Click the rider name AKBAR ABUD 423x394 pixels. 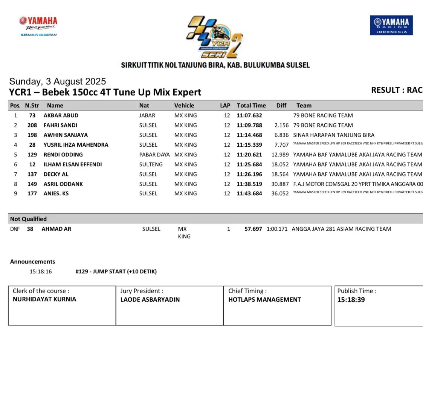[x=61, y=115]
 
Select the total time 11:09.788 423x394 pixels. [x=249, y=125]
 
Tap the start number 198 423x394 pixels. [x=32, y=135]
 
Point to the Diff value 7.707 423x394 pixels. [x=281, y=145]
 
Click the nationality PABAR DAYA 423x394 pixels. [x=154, y=155]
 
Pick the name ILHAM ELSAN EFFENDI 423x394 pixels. [x=73, y=164]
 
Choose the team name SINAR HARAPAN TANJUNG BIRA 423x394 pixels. [x=334, y=135]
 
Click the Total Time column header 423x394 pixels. [x=251, y=106]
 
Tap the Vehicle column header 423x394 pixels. [x=184, y=106]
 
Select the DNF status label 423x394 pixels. [x=15, y=229]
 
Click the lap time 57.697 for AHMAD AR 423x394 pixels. [x=253, y=229]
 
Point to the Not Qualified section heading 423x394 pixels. [x=28, y=219]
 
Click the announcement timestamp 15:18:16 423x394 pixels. [x=41, y=271]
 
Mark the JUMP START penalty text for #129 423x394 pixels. [x=116, y=271]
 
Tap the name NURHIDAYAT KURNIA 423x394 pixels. [x=44, y=299]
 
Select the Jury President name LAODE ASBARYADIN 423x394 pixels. [x=150, y=300]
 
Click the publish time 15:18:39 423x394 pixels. [x=351, y=300]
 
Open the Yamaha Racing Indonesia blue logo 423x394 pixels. [x=391, y=25]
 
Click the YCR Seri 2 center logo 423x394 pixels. [x=214, y=37]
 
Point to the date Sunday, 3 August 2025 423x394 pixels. [x=58, y=81]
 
